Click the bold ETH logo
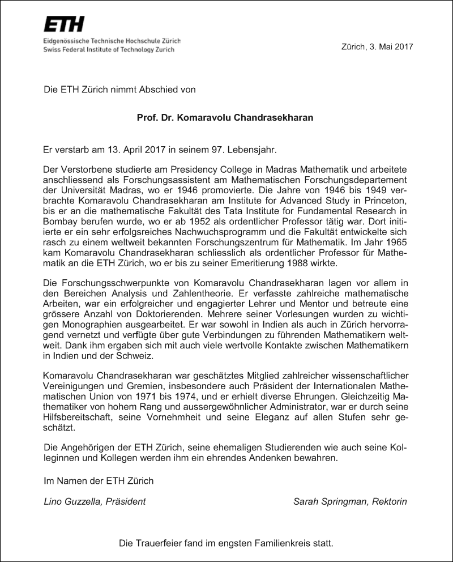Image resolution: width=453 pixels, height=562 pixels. pyautogui.click(x=64, y=24)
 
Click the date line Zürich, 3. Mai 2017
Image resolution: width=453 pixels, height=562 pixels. pyautogui.click(x=378, y=46)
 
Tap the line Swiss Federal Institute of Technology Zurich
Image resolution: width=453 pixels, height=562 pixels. pyautogui.click(x=112, y=50)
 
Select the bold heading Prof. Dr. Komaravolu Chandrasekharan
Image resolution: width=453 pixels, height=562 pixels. pyautogui.click(x=225, y=118)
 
